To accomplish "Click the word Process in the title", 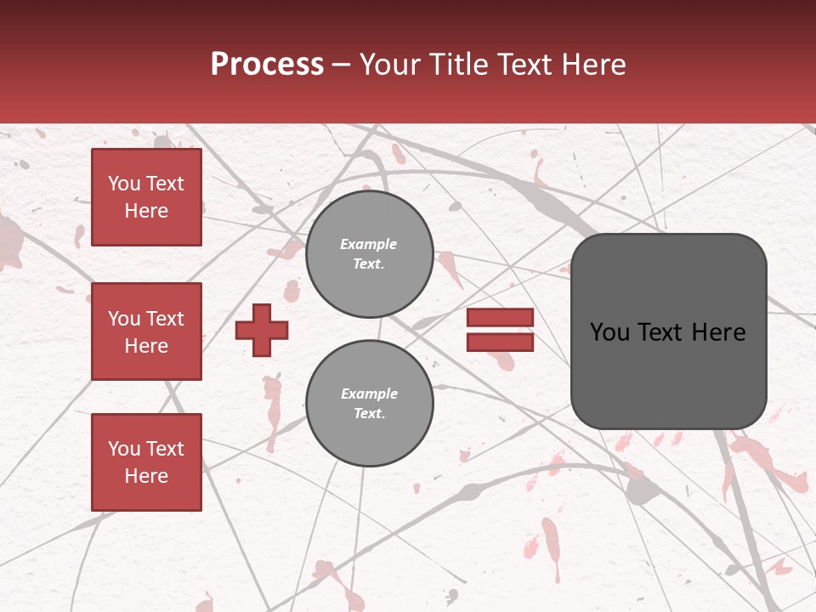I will point(267,65).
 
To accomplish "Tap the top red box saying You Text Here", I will point(146,197).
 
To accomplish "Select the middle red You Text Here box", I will point(146,331).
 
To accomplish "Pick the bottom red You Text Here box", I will point(146,462).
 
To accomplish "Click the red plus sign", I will point(262,330).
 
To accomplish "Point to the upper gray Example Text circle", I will point(369,254).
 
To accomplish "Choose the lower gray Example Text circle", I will point(369,404).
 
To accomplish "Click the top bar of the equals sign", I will point(500,318).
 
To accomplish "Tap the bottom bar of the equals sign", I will point(500,342).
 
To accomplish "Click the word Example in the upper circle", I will point(369,245).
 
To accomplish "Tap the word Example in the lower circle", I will point(369,394).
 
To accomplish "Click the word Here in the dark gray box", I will point(719,332).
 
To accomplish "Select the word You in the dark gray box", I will point(609,332).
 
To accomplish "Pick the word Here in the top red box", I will point(146,211).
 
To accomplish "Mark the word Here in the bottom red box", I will point(146,476).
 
